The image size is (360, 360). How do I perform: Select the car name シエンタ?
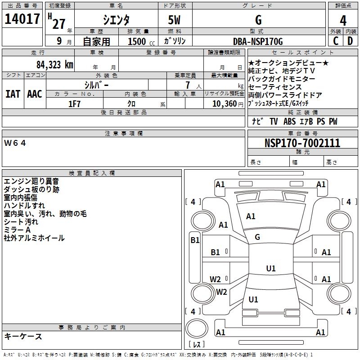click(116, 20)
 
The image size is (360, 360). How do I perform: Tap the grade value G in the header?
click(258, 20)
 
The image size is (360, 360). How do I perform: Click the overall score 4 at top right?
click(343, 20)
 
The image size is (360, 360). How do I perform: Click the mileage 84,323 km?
click(55, 64)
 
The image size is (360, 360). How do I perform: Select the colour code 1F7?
click(74, 104)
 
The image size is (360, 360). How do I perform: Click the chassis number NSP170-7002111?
click(302, 143)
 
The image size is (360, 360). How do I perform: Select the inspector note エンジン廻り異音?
click(31, 181)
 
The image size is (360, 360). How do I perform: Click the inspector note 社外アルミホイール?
click(34, 238)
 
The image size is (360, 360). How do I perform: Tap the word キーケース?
click(23, 336)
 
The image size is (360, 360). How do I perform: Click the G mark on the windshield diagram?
click(257, 237)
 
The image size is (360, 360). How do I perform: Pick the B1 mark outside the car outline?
click(195, 240)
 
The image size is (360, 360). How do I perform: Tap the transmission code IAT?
click(13, 94)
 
